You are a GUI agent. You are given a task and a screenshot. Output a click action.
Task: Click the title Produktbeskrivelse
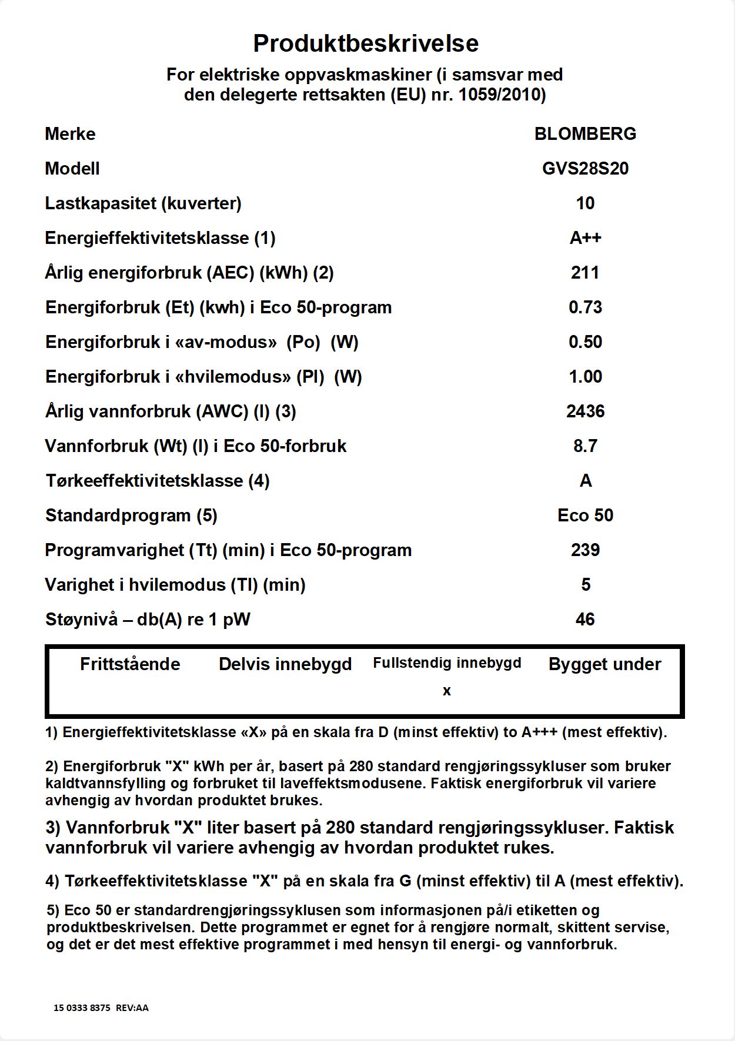pos(366,43)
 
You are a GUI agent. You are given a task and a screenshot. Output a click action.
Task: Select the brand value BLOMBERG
pos(585,134)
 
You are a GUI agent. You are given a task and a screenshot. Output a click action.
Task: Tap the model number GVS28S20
pos(585,169)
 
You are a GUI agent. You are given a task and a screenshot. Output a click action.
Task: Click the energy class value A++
pos(585,238)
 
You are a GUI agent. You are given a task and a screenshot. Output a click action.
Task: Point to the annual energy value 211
pos(585,273)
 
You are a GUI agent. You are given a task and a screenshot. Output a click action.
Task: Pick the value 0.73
pos(585,307)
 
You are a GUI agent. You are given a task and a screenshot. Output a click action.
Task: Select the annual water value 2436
pos(585,411)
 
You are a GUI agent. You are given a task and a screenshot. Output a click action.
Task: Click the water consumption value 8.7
pos(585,446)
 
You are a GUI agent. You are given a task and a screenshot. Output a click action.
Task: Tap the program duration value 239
pos(585,550)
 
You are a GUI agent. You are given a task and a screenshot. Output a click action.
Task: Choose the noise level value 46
pos(585,620)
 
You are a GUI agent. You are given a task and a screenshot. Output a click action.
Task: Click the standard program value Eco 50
pos(585,516)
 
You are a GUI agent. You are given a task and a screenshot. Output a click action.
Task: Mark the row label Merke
pos(70,134)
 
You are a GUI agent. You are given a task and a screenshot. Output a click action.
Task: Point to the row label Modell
pos(72,169)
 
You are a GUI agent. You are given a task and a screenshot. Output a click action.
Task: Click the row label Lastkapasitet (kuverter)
pos(143,203)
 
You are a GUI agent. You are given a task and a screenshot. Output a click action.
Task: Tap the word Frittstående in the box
pos(130,664)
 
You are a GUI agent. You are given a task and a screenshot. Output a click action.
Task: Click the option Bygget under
pos(604,664)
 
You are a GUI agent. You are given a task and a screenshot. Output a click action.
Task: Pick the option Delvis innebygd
pos(285,664)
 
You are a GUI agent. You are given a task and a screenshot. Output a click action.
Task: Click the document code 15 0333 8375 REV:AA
pos(101,1008)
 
